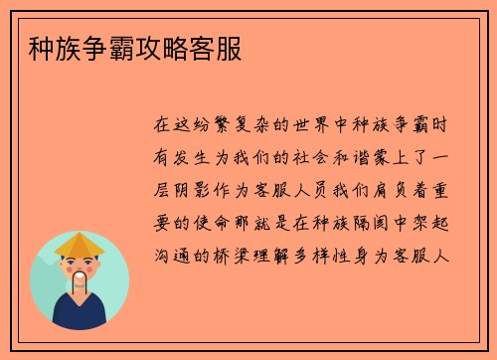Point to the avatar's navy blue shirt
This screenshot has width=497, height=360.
click(x=80, y=316)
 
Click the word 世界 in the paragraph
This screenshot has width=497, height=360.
click(x=307, y=127)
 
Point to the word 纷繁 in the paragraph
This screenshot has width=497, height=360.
click(x=210, y=127)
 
